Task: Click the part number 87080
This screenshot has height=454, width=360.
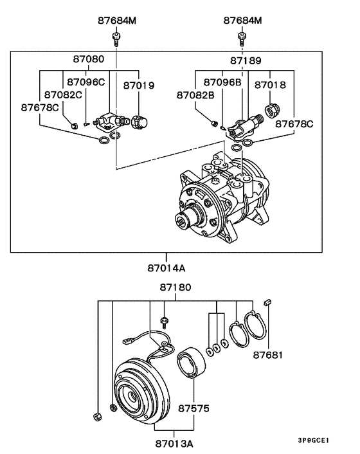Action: [88, 59]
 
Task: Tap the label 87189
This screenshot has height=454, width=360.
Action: [246, 61]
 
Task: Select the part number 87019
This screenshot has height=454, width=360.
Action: [139, 86]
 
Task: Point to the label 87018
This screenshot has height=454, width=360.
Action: [270, 85]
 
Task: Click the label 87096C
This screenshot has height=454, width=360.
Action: [86, 82]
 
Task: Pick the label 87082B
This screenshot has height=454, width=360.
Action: [195, 95]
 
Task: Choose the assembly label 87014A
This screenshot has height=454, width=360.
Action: [166, 268]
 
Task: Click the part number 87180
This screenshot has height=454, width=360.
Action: [175, 287]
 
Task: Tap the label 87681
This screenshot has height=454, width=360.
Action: [267, 355]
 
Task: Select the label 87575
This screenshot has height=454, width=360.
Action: [194, 408]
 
